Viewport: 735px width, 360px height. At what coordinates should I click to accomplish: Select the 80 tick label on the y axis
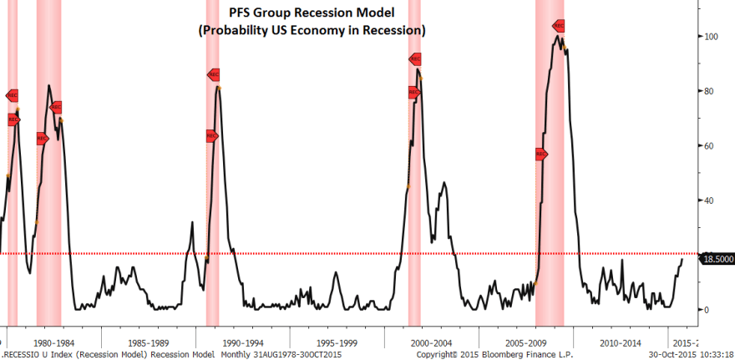point(709,91)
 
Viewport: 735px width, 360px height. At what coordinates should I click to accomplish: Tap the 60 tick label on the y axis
point(709,146)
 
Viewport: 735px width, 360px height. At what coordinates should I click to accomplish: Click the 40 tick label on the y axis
point(709,200)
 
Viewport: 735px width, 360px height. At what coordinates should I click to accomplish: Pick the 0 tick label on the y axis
point(707,310)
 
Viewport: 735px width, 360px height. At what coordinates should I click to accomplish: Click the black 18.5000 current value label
point(717,260)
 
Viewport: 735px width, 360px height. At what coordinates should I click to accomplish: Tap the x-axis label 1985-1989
point(149,342)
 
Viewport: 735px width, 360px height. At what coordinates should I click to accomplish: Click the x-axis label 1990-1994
point(242,342)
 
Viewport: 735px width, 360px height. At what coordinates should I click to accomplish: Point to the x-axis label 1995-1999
point(337,342)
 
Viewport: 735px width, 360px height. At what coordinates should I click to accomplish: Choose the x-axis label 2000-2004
point(432,342)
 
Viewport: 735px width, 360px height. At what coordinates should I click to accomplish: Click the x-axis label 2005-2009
point(526,342)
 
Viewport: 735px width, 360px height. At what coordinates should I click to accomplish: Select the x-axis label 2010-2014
point(621,342)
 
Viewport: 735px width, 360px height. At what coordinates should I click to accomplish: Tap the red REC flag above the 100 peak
point(559,26)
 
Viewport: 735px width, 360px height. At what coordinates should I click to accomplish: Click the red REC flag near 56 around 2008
point(540,154)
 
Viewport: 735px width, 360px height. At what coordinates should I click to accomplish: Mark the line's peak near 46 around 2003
point(444,182)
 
